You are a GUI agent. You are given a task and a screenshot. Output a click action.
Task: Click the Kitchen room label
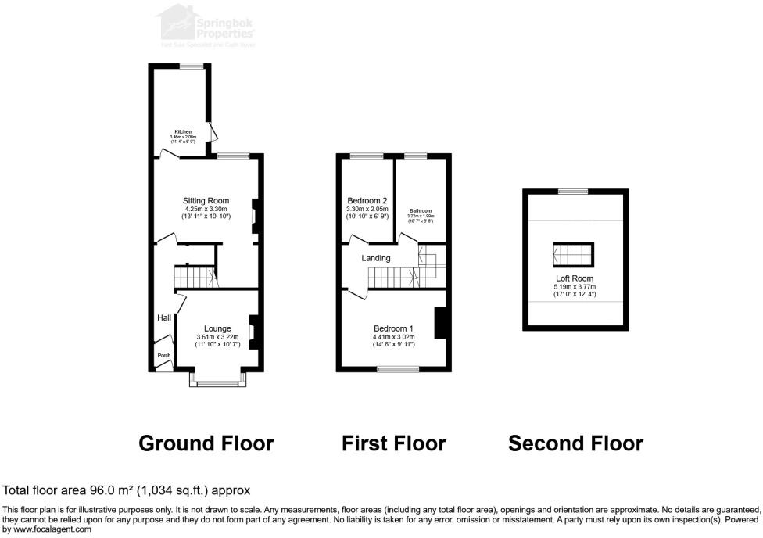tap(183, 131)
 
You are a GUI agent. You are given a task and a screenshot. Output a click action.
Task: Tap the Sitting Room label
tap(206, 201)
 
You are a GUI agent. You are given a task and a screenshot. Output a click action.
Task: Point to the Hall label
tap(164, 318)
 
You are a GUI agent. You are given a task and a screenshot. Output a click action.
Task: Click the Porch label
tap(164, 355)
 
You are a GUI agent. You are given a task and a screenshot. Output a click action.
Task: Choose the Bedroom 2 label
tap(367, 200)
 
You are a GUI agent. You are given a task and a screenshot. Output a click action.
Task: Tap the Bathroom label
tap(421, 210)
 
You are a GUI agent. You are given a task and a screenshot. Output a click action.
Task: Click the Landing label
tap(376, 258)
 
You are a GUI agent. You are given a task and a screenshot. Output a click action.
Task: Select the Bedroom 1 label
tap(394, 328)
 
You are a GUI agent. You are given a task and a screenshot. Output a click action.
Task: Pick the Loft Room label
tap(575, 278)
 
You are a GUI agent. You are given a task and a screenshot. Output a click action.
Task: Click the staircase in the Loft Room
tap(575, 255)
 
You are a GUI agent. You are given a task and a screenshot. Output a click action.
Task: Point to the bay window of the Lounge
tap(218, 382)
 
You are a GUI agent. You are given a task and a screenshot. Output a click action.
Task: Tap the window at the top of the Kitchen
tap(191, 66)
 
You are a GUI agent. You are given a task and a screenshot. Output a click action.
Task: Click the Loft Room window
tap(574, 191)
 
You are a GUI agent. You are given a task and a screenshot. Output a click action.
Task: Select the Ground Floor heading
tap(206, 444)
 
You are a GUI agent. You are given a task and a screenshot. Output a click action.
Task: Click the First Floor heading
tap(393, 444)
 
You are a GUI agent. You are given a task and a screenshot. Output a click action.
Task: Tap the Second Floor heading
tap(575, 444)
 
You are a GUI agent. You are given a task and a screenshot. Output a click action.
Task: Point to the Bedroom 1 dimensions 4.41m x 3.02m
tap(394, 338)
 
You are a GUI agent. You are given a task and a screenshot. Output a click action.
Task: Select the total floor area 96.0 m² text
tap(127, 490)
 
